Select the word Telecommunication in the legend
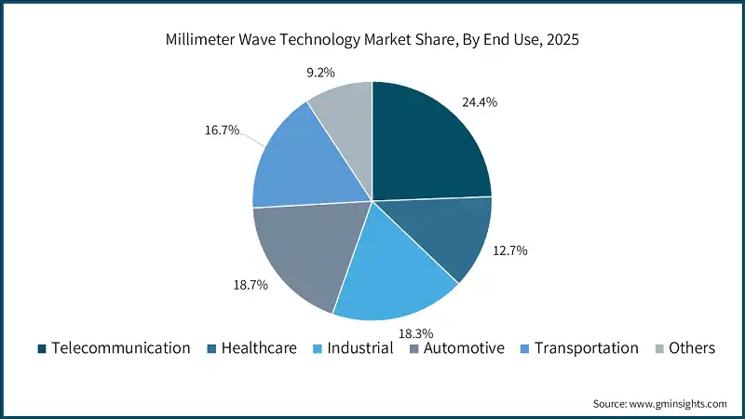coord(121,348)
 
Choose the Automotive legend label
coord(463,348)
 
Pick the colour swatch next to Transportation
coord(526,348)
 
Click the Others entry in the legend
coord(691,348)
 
